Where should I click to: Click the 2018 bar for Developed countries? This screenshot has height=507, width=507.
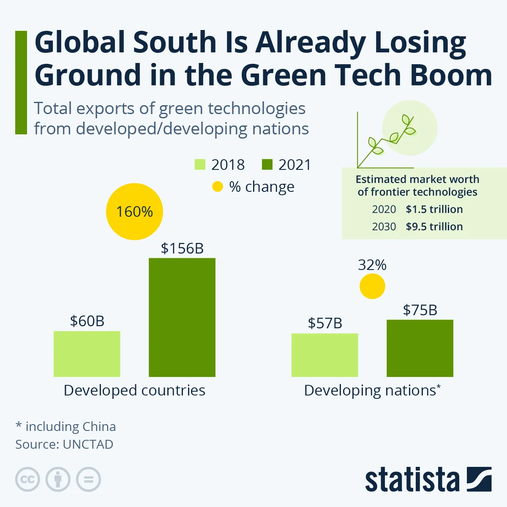point(87,354)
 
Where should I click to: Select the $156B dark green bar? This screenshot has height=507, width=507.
point(182,317)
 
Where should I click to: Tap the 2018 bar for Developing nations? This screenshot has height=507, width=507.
point(324,355)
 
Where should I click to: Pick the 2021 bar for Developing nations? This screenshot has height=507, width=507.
point(420,348)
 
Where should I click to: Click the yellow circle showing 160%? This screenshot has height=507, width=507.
point(134,212)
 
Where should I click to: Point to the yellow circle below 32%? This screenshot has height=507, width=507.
point(372,286)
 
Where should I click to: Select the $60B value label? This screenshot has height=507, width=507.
point(87,321)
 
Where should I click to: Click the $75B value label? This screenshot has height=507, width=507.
point(420,310)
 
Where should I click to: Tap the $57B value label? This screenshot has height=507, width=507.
point(325,323)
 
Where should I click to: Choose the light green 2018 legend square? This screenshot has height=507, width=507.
point(200,164)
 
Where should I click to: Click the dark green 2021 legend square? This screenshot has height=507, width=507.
point(267,164)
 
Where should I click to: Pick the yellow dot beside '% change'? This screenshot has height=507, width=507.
point(217,187)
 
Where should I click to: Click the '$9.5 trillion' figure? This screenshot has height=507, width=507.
point(434,226)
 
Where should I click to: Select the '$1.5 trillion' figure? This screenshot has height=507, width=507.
point(434,209)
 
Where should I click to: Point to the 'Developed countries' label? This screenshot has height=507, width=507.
point(134,390)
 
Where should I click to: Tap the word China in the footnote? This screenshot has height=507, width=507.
point(99,427)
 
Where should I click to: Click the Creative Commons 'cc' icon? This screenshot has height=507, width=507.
point(27,480)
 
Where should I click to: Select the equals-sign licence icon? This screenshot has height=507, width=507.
point(89,480)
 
